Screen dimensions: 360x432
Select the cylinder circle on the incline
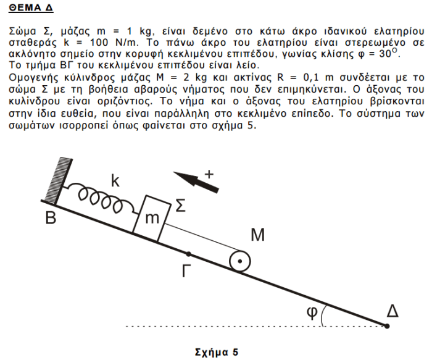click(238, 262)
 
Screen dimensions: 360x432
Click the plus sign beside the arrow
click(209, 174)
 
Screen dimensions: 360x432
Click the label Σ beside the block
click(180, 206)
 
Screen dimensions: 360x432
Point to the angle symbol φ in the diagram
click(312, 312)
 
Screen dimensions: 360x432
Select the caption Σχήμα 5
click(216, 353)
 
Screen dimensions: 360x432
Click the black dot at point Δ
click(387, 325)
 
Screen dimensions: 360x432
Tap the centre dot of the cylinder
click(238, 262)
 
